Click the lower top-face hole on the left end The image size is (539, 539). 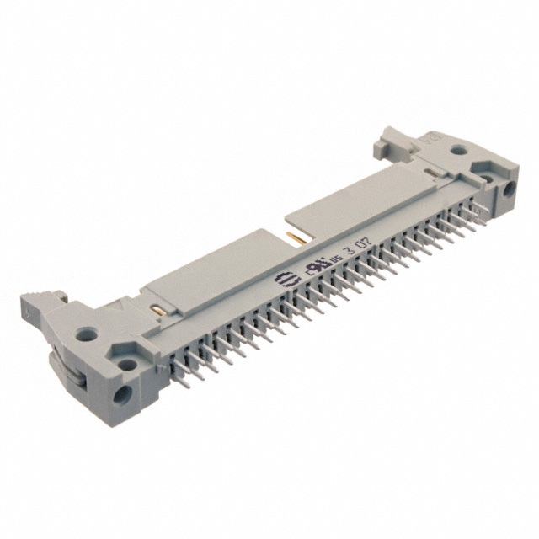click(x=126, y=366)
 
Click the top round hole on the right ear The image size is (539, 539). click(x=458, y=152)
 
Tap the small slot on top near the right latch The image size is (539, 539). click(x=432, y=175)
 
